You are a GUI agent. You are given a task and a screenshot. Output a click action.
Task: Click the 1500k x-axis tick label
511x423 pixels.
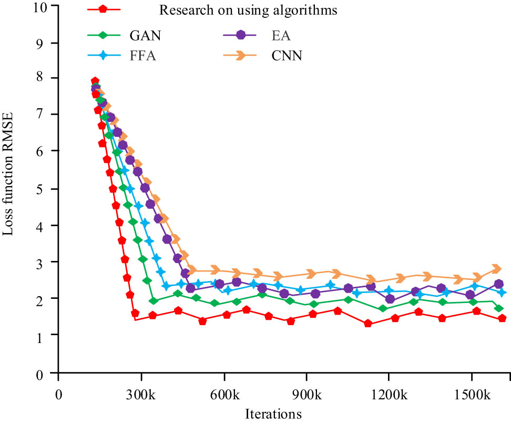click(471, 394)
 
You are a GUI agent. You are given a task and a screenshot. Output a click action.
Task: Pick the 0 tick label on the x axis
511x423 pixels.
click(59, 394)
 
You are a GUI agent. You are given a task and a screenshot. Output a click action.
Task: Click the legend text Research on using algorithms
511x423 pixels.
click(248, 10)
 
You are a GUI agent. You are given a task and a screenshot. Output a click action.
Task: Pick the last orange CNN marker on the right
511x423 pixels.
click(496, 269)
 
